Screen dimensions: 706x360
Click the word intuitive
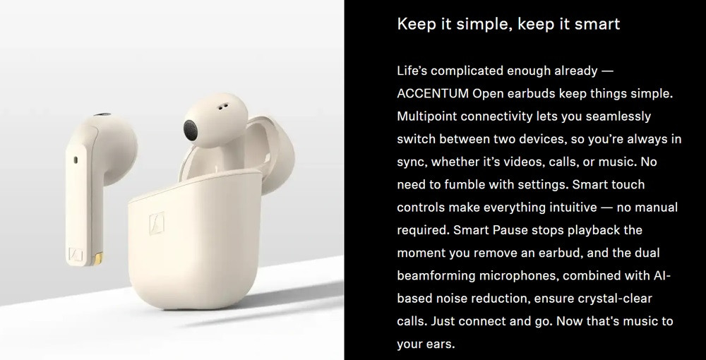pos(571,208)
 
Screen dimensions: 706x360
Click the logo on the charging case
pos(157,223)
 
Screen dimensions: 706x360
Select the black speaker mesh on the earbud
pos(190,129)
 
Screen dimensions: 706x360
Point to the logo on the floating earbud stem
pos(76,255)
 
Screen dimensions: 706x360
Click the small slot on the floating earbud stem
pos(76,160)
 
